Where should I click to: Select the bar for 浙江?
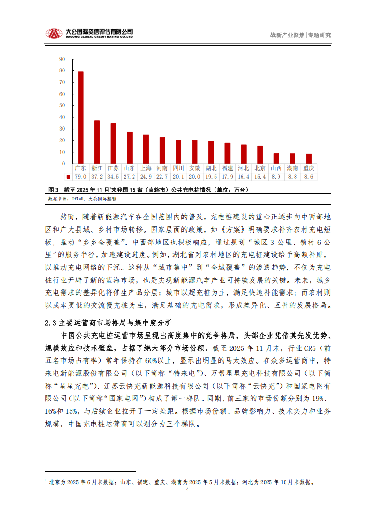point(97,142)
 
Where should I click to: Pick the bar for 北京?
point(260,155)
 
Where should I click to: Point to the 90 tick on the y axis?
point(62,59)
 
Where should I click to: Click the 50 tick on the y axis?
point(62,105)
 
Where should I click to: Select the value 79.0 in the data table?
point(81,176)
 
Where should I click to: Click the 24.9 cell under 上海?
point(146,176)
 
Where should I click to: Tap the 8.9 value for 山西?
point(276,176)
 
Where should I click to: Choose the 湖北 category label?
point(211,168)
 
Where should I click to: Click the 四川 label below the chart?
point(179,168)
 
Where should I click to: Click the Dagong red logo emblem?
point(54,34)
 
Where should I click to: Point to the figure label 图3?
point(53,190)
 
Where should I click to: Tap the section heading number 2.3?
point(51,323)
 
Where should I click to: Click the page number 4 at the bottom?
point(188,490)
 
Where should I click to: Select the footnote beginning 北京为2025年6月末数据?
point(182,482)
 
